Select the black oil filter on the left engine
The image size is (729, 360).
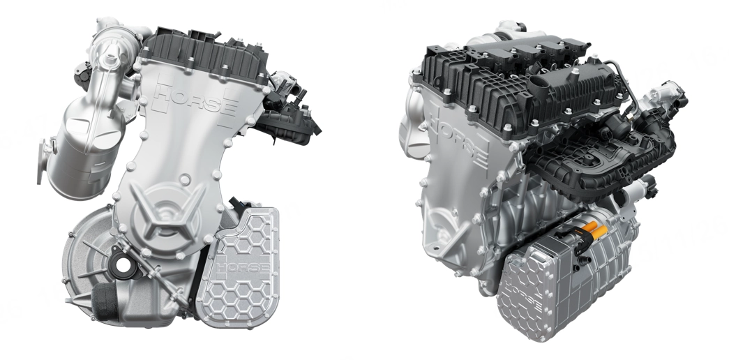(103, 301)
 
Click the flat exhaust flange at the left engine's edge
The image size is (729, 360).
(43, 160)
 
